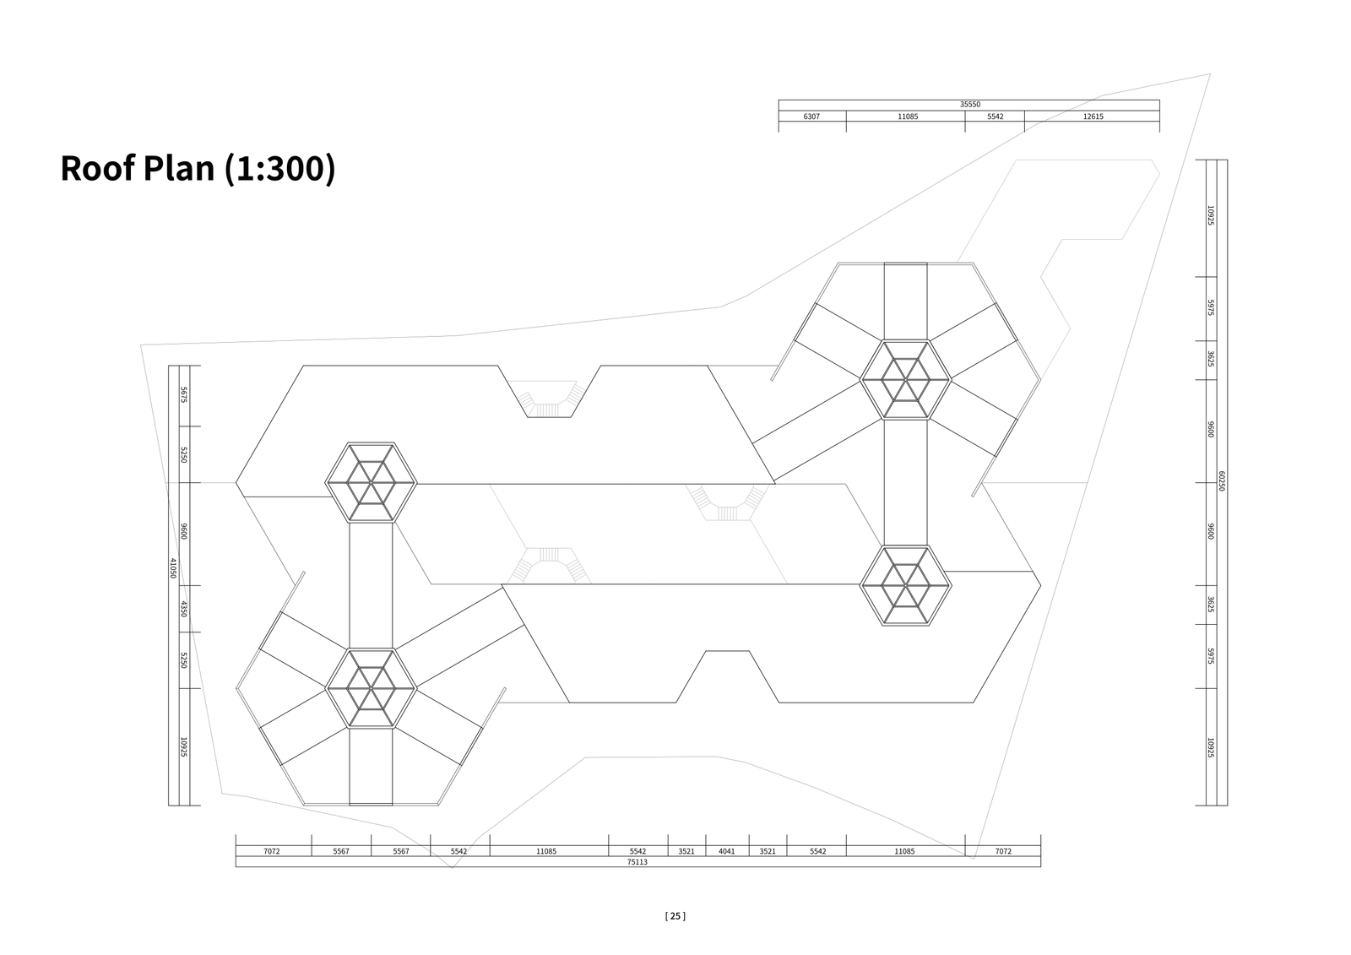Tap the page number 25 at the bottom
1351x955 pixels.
tap(675, 916)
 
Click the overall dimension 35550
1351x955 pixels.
tap(970, 105)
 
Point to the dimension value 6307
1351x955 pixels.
tap(811, 117)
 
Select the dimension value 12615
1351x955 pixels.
tap(1093, 117)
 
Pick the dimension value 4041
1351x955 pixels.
tap(727, 851)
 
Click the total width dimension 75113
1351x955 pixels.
tap(637, 862)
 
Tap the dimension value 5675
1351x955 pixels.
tap(185, 395)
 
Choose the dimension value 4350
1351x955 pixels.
tap(185, 609)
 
